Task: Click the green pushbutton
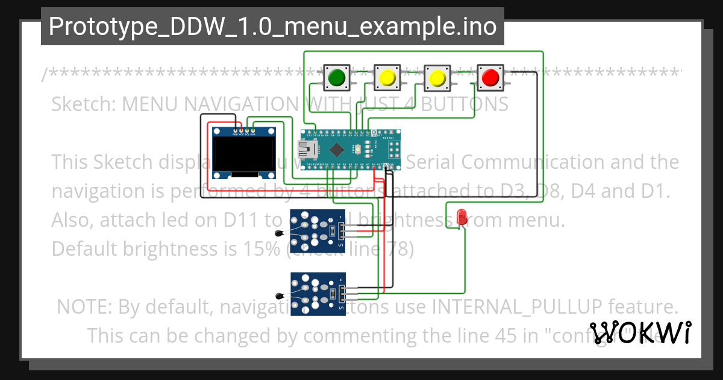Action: tap(335, 77)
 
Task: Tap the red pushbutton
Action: tap(489, 77)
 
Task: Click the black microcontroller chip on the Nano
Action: tap(336, 150)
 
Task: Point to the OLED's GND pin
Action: tap(235, 130)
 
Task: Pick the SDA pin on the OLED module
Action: tap(253, 130)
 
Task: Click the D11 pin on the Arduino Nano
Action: tap(315, 132)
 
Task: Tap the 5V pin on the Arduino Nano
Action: tap(374, 167)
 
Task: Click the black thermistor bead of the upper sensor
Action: tap(278, 233)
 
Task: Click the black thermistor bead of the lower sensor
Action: tap(278, 296)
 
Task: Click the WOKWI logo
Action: tap(640, 332)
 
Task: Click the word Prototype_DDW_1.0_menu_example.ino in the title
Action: tap(272, 27)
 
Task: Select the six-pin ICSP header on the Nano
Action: tap(395, 149)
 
